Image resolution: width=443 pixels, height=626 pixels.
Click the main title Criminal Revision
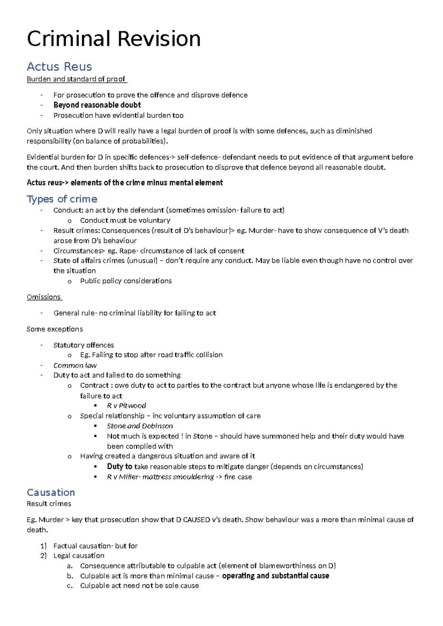click(114, 39)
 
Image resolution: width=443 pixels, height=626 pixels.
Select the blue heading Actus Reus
click(59, 67)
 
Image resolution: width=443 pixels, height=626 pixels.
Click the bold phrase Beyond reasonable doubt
click(97, 105)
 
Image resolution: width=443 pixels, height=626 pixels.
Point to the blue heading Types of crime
click(62, 199)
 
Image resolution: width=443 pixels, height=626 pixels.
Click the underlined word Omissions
click(44, 297)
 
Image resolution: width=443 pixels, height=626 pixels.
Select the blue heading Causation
click(51, 492)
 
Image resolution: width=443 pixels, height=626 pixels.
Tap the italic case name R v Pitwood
click(126, 406)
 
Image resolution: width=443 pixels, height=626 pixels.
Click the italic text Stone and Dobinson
click(140, 426)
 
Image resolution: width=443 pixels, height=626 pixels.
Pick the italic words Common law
click(75, 365)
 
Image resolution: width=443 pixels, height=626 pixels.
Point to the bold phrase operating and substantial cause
click(275, 576)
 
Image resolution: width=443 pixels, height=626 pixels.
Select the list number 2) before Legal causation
click(44, 556)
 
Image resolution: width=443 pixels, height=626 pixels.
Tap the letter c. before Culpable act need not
click(70, 586)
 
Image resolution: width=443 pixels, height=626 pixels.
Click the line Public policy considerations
click(126, 281)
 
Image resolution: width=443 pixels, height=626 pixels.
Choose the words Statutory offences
click(83, 345)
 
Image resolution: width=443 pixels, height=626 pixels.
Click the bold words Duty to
click(120, 467)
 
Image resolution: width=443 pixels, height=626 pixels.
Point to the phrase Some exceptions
click(55, 329)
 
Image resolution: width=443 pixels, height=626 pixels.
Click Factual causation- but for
click(95, 546)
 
